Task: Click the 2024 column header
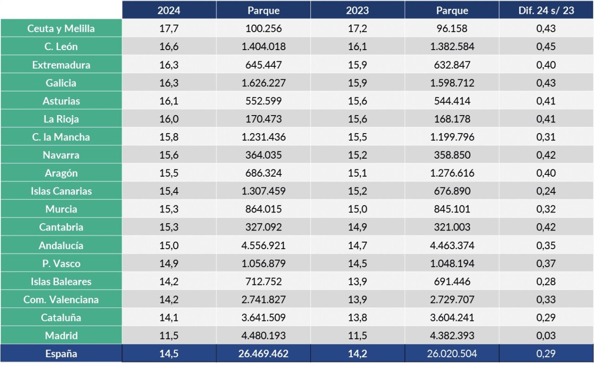(169, 11)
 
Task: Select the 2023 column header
(357, 11)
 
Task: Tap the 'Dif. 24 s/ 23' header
(546, 11)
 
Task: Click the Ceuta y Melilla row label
(61, 29)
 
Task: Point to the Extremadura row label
(61, 65)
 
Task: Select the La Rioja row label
(61, 119)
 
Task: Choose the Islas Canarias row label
(61, 191)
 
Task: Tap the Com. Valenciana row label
(61, 300)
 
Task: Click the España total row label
(61, 354)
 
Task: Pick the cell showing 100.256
(264, 29)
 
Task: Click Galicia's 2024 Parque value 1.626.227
(264, 83)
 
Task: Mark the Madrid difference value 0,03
(546, 336)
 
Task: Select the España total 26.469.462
(264, 354)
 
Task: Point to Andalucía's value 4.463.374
(452, 245)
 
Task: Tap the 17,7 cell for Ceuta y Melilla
(169, 29)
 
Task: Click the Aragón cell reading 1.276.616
(452, 173)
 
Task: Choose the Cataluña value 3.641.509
(264, 318)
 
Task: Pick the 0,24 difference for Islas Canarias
(546, 191)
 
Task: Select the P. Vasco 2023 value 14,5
(357, 263)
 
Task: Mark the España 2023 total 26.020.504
(452, 354)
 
